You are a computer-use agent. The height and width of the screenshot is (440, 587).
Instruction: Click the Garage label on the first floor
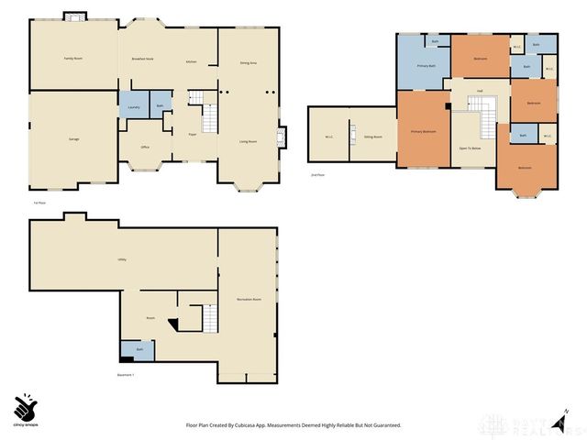[x=73, y=138]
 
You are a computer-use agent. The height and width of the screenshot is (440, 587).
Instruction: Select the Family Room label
[x=73, y=58]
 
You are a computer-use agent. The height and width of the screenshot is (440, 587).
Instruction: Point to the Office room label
[x=145, y=147]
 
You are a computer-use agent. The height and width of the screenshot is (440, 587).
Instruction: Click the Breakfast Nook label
[x=142, y=58]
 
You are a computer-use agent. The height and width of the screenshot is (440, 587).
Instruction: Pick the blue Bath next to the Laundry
[x=161, y=105]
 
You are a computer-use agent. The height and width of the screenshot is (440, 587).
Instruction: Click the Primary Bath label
[x=426, y=66]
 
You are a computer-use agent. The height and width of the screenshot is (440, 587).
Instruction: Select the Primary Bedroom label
[x=423, y=132]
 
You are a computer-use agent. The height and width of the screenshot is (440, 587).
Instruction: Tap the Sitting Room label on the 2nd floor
[x=372, y=137]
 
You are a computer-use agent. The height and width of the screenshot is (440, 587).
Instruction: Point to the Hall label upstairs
[x=480, y=91]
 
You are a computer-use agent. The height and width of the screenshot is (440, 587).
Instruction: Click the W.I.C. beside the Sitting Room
[x=328, y=137]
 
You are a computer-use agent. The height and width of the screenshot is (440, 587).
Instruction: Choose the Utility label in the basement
[x=121, y=259]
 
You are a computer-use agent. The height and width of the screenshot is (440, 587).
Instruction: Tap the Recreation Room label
[x=249, y=300]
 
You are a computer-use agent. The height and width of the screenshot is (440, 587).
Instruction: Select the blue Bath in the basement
[x=139, y=349]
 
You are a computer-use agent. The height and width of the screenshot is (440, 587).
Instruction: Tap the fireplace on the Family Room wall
[x=74, y=17]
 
